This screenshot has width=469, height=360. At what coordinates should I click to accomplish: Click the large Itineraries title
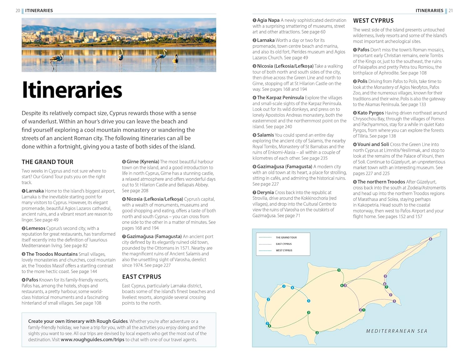(72, 90)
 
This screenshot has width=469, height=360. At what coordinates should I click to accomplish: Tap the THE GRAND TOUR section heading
(48, 162)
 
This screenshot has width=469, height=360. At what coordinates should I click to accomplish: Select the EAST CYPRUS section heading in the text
(142, 277)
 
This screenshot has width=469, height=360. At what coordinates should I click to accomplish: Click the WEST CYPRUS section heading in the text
(373, 21)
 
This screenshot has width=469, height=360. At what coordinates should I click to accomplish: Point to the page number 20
(18, 11)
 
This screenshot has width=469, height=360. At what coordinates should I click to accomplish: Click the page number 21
(451, 11)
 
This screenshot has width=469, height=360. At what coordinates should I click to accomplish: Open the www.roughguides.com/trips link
(92, 340)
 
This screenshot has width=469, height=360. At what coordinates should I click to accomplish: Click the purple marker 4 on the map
(431, 239)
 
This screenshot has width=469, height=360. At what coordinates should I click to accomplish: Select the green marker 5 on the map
(339, 270)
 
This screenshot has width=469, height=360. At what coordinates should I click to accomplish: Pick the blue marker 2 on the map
(268, 300)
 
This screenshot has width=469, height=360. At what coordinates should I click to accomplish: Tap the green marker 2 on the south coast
(317, 332)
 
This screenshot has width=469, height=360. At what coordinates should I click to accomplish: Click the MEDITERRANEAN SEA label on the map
(396, 331)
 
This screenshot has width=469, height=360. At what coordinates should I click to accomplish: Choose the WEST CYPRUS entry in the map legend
(284, 251)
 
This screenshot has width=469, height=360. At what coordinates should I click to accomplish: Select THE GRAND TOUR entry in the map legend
(286, 237)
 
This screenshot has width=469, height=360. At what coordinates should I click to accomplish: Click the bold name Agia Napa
(268, 20)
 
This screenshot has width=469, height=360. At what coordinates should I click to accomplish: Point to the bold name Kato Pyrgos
(371, 113)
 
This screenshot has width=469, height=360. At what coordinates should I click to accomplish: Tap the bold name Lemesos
(36, 228)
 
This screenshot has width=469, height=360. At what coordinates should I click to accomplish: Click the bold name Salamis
(265, 135)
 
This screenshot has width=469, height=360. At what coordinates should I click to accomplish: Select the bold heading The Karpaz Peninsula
(280, 98)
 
